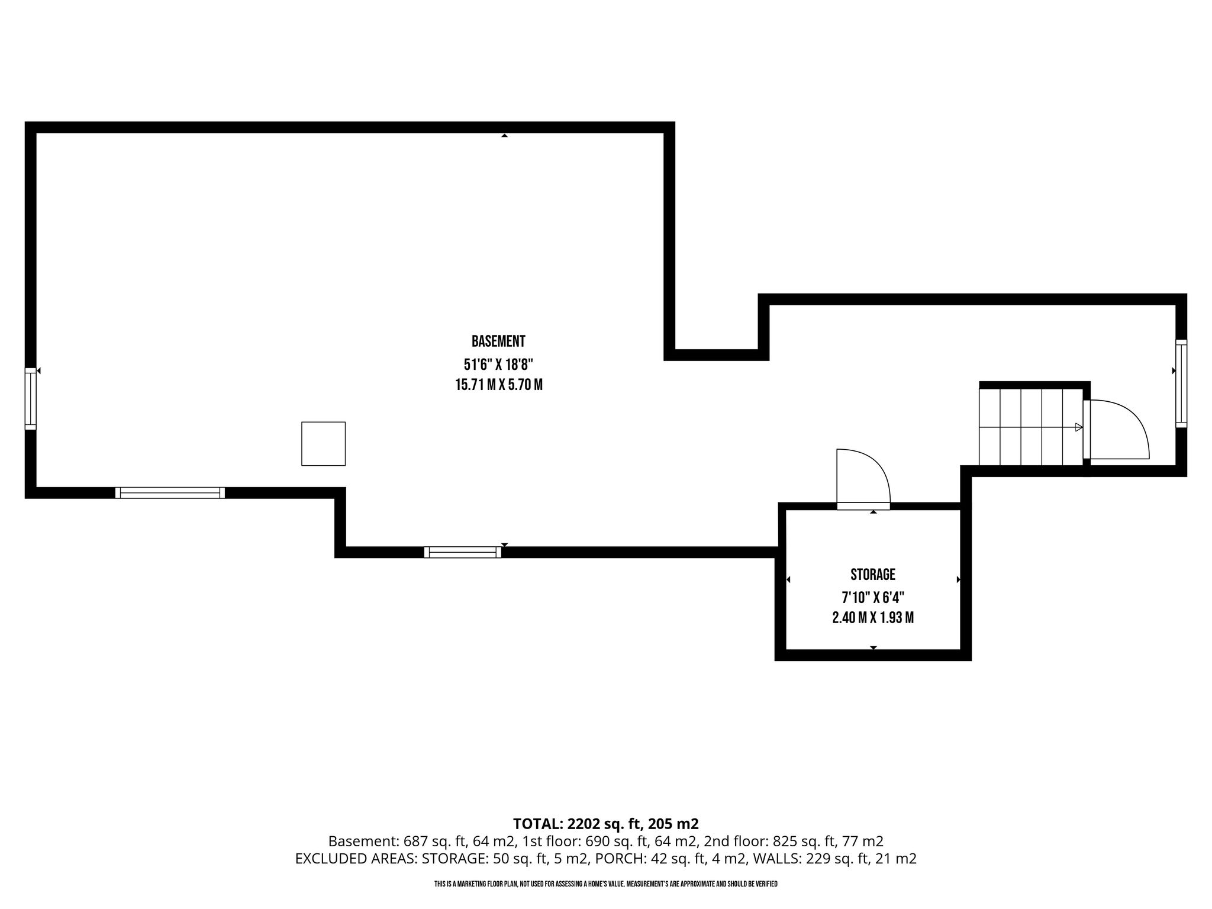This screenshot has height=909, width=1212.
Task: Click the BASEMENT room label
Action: click(498, 341)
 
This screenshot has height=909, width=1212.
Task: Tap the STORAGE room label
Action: click(873, 575)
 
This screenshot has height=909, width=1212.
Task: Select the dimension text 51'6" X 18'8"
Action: click(498, 363)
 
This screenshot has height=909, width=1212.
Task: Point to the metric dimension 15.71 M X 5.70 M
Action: click(498, 385)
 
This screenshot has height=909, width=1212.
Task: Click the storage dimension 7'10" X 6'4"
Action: click(873, 597)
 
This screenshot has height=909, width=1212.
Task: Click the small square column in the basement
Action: click(323, 444)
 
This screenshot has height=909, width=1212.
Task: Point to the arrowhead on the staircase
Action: click(1079, 427)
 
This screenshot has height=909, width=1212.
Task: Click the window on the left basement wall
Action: click(30, 398)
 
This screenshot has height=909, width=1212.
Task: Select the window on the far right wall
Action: click(1181, 383)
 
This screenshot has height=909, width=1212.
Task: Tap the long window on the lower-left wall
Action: click(170, 492)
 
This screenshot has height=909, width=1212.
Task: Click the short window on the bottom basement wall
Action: click(463, 552)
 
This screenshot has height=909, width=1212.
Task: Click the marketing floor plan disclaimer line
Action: click(606, 884)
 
